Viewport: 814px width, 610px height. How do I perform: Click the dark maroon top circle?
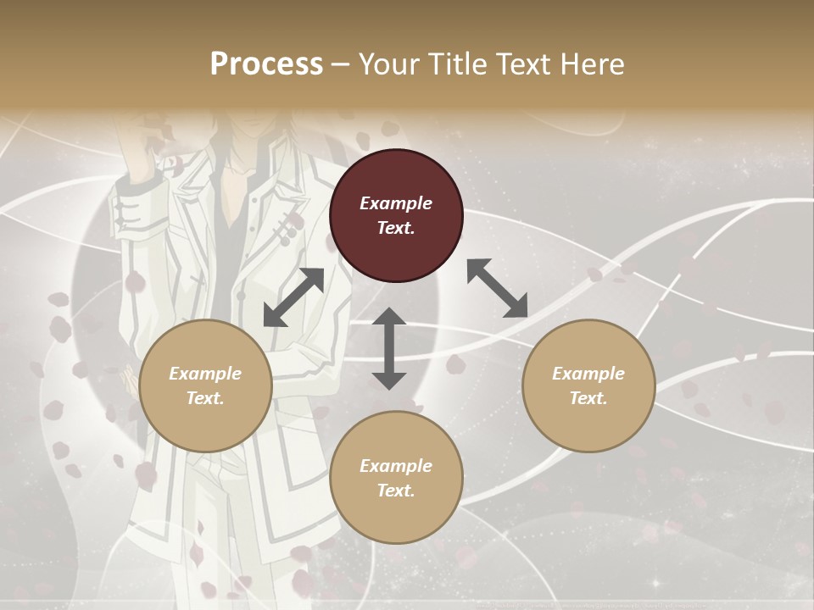(396, 216)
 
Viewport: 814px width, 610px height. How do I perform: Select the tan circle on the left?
(205, 385)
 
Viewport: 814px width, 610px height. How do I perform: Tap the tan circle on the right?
(588, 385)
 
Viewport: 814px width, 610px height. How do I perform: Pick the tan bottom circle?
(396, 478)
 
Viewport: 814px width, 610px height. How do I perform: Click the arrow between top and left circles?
(293, 297)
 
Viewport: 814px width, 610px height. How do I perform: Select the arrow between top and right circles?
(497, 288)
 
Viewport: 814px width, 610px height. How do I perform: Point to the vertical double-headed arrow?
(389, 348)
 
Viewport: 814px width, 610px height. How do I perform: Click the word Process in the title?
(266, 64)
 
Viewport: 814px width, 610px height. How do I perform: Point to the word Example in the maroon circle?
(396, 203)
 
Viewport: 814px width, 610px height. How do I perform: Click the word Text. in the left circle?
(205, 398)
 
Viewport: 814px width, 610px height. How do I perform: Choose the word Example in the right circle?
(588, 374)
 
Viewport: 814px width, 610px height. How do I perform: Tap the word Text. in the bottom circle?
(396, 491)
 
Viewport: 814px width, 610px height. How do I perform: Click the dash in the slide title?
(341, 64)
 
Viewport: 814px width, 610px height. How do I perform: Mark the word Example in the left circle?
(205, 374)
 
